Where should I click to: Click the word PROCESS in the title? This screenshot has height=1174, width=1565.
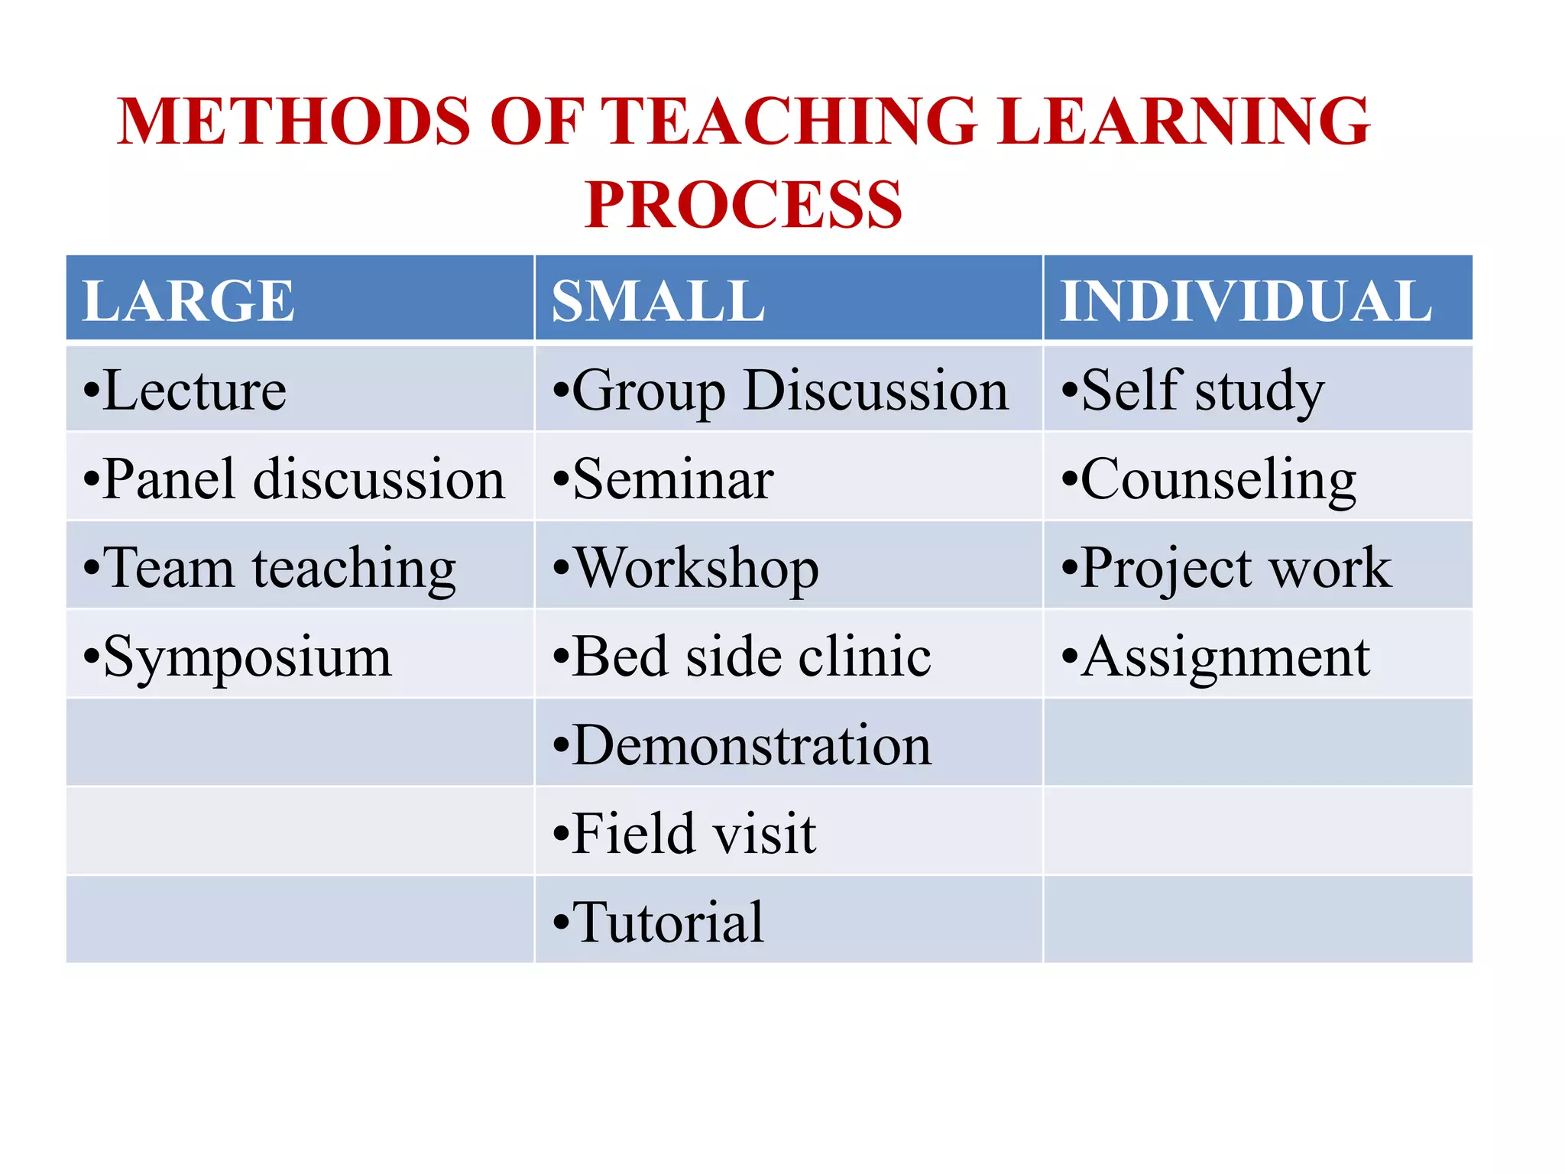(x=743, y=205)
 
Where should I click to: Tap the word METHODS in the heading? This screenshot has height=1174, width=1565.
(x=294, y=122)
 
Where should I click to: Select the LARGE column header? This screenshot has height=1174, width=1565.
(x=188, y=300)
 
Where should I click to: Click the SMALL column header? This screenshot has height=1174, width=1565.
(x=658, y=300)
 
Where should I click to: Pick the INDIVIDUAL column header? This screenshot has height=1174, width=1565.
(x=1246, y=300)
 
